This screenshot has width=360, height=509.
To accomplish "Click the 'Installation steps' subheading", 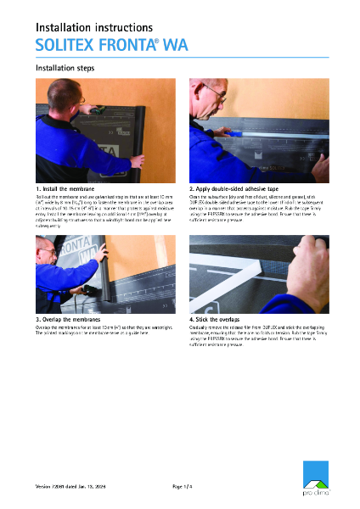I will [65, 67].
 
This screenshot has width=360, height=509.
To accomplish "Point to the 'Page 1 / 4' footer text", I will [185, 486].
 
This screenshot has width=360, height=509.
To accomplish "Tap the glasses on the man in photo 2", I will [216, 94].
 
